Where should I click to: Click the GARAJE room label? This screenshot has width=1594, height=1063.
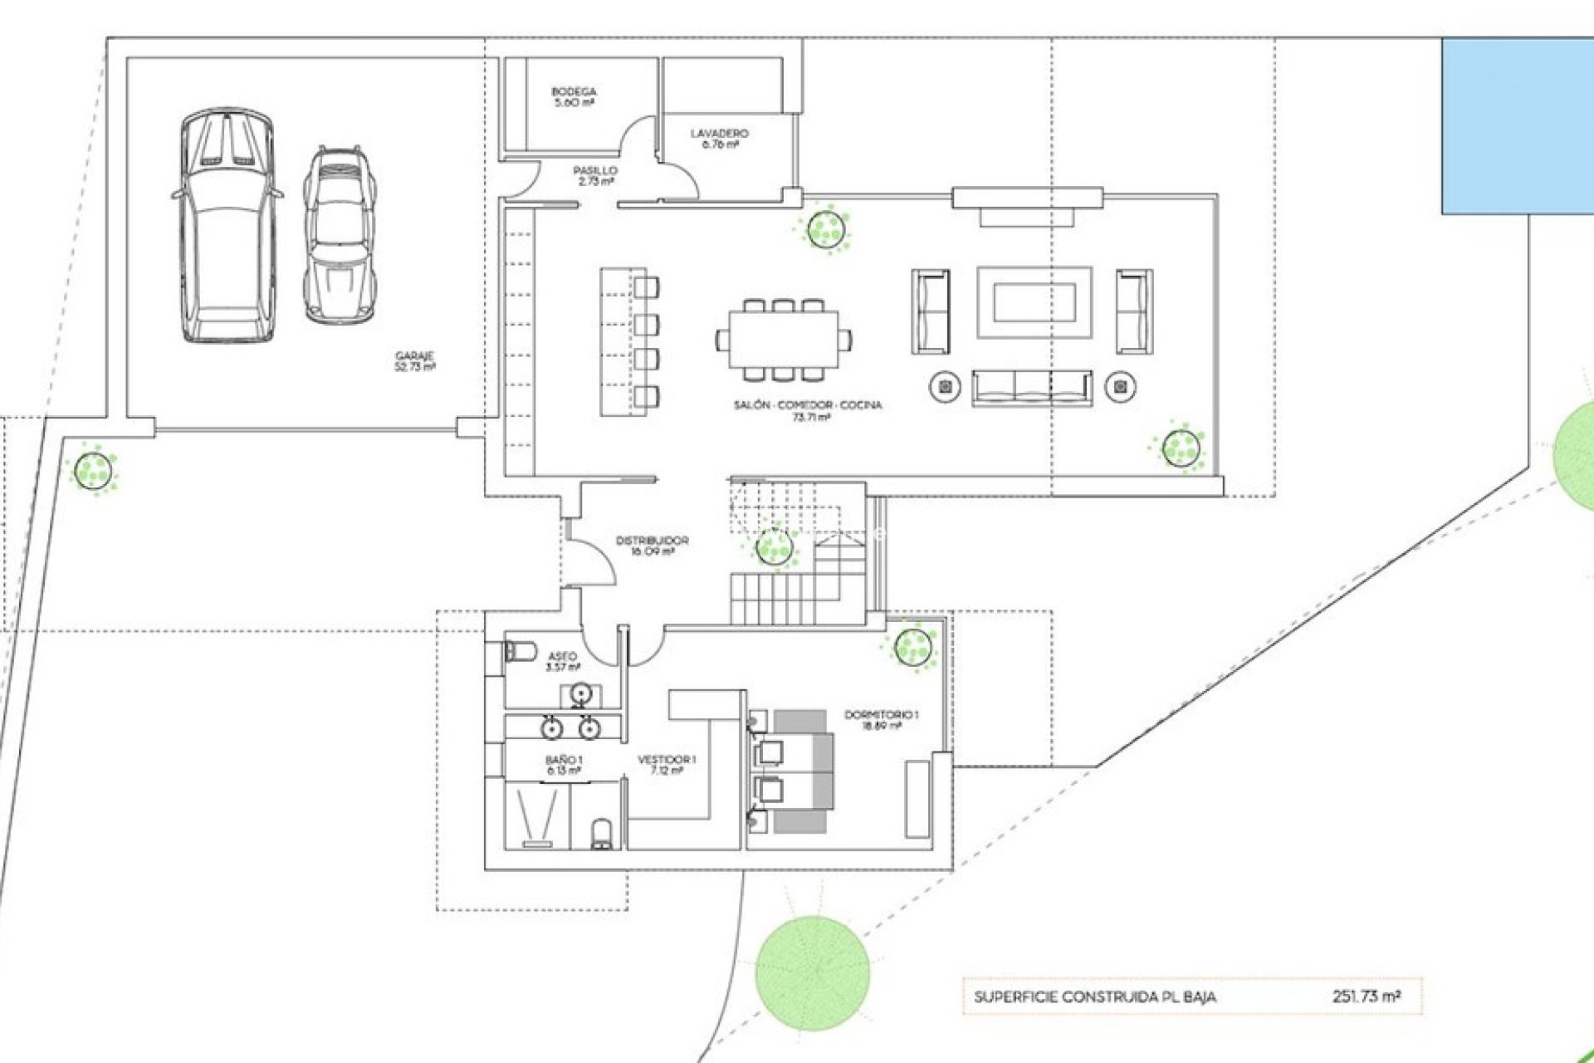[415, 360]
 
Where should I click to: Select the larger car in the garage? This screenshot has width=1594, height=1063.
[227, 226]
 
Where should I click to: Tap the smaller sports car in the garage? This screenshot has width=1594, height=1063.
[339, 236]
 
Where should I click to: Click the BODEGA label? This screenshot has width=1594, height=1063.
[574, 96]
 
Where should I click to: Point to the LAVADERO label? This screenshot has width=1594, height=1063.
[719, 138]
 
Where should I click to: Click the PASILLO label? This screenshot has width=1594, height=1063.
[595, 175]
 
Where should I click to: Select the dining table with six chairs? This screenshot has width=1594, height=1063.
[784, 339]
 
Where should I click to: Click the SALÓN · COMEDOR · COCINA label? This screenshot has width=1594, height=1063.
[808, 410]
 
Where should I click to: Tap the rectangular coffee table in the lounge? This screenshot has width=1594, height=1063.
[1034, 301]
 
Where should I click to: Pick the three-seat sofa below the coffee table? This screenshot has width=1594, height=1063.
[1032, 387]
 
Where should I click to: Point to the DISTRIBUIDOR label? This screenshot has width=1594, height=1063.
[652, 545]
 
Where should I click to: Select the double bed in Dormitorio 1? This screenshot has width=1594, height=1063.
[793, 771]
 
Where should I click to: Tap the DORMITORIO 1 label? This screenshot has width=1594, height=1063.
[881, 719]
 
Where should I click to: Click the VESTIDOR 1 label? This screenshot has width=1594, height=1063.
[667, 764]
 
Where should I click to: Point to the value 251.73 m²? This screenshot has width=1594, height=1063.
[1366, 996]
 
